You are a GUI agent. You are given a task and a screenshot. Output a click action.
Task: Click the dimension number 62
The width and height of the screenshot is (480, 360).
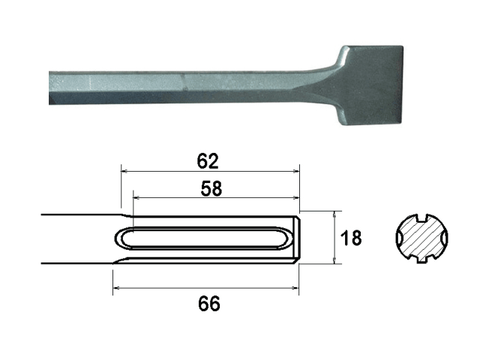click(208, 160)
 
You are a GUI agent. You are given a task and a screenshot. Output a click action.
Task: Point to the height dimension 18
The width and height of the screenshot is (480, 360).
click(351, 238)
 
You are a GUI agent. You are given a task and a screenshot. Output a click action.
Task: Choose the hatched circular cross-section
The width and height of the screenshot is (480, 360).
click(423, 239)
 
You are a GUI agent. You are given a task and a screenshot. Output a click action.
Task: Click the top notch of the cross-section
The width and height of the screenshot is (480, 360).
click(423, 217)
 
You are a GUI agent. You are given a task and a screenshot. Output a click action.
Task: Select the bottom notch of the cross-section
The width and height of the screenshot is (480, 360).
click(423, 261)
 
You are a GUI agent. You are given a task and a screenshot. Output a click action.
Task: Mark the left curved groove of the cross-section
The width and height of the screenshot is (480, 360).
click(400, 239)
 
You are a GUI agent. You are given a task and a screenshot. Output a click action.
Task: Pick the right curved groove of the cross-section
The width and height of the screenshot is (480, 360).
click(447, 239)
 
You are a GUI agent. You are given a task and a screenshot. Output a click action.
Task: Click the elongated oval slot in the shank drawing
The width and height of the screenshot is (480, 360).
click(202, 238)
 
